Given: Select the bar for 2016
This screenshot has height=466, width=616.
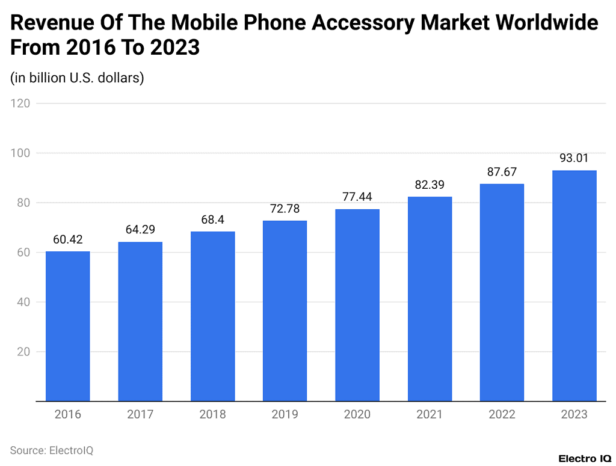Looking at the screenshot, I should click(x=68, y=326).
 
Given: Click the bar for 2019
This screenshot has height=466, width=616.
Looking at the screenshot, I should click(x=285, y=311).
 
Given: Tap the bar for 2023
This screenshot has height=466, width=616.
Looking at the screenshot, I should click(x=574, y=286).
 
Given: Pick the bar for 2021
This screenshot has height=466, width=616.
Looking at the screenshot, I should click(x=430, y=299).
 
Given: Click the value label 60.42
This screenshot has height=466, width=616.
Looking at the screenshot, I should click(x=68, y=240).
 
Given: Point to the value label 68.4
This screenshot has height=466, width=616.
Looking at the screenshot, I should click(x=212, y=220).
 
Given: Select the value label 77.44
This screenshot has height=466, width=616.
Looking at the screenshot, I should click(x=357, y=198).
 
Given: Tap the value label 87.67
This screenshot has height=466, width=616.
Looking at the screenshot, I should click(x=502, y=172).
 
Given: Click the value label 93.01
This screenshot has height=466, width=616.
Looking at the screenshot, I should click(x=574, y=159).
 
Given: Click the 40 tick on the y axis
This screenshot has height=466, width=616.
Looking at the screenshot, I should click(x=23, y=302).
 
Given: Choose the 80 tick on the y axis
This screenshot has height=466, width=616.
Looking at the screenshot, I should click(x=23, y=203).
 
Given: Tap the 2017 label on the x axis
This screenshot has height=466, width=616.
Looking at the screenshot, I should click(x=140, y=414).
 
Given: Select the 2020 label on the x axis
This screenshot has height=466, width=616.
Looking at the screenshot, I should click(x=357, y=414).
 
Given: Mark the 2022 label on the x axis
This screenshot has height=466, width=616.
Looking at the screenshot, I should click(x=502, y=414).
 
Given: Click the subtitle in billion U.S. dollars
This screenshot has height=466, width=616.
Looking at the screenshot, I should click(x=77, y=78).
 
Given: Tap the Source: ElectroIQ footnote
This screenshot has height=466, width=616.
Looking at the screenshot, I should click(x=52, y=450).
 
